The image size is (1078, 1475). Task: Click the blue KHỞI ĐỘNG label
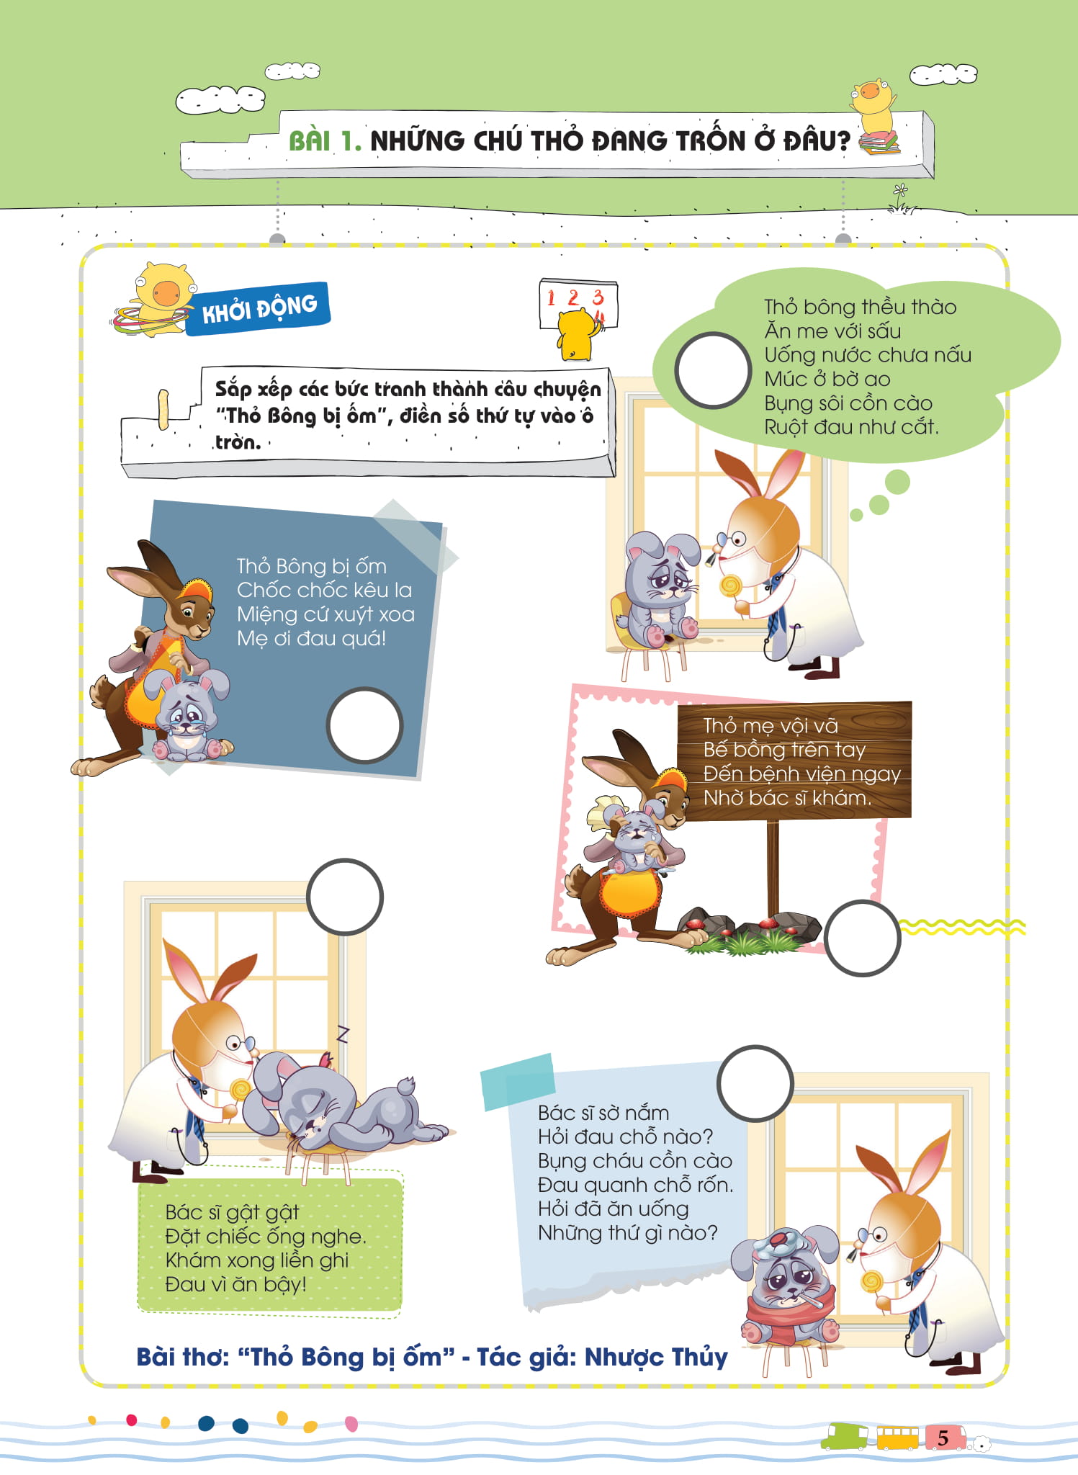pyautogui.click(x=258, y=308)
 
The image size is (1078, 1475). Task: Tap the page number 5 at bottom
pyautogui.click(x=943, y=1438)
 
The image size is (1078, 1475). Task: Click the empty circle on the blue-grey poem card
pyautogui.click(x=364, y=725)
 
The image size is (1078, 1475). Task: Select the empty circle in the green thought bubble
pyautogui.click(x=713, y=370)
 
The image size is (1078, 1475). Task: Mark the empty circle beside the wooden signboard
pyautogui.click(x=862, y=938)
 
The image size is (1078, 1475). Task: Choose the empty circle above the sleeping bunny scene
pyautogui.click(x=344, y=897)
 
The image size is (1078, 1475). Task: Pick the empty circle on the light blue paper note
pyautogui.click(x=755, y=1083)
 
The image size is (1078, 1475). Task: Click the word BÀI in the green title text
pyautogui.click(x=310, y=141)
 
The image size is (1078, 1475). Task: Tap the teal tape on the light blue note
pyautogui.click(x=518, y=1081)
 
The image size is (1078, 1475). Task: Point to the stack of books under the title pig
pyautogui.click(x=879, y=141)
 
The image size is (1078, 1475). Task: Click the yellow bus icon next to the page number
pyautogui.click(x=897, y=1438)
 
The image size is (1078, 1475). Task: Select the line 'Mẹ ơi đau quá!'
pyautogui.click(x=311, y=638)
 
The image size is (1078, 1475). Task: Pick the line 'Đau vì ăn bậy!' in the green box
pyautogui.click(x=235, y=1284)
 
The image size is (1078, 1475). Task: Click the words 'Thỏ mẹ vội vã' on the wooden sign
pyautogui.click(x=771, y=726)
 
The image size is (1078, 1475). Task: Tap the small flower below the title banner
pyautogui.click(x=900, y=192)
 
